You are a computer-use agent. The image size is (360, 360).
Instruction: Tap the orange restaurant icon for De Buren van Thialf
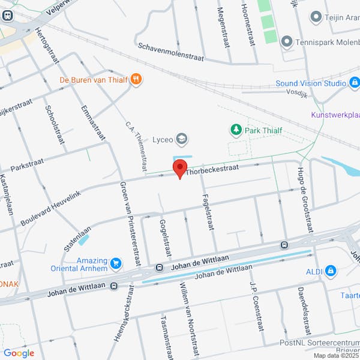[137, 79]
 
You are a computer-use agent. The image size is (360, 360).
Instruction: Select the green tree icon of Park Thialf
[236, 130]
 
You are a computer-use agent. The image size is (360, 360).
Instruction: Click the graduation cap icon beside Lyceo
[182, 140]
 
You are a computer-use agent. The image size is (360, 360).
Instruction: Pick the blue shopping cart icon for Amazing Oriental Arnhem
[116, 263]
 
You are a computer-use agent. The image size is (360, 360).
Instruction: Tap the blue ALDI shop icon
[330, 271]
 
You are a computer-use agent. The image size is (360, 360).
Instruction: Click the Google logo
[19, 353]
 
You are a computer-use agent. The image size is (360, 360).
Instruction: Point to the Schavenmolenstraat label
[171, 53]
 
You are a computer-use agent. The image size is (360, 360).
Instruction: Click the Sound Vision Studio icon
[355, 84]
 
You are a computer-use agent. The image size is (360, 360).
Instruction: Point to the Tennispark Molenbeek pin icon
[286, 41]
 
